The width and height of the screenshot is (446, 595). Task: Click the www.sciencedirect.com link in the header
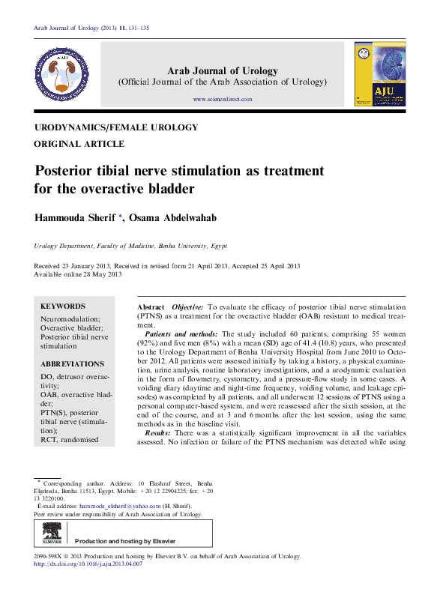223,99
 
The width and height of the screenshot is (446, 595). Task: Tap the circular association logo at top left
63,74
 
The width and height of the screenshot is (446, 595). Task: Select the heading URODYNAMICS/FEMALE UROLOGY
116,128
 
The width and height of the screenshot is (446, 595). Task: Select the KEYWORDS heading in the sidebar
63,306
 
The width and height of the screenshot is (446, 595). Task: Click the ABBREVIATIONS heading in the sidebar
73,363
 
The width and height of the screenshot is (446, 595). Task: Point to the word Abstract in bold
151,308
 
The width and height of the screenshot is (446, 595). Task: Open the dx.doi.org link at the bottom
88,564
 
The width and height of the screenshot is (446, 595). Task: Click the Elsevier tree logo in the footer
52,535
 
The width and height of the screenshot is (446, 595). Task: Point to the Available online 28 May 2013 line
78,274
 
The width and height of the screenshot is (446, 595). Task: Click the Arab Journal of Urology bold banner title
223,70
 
